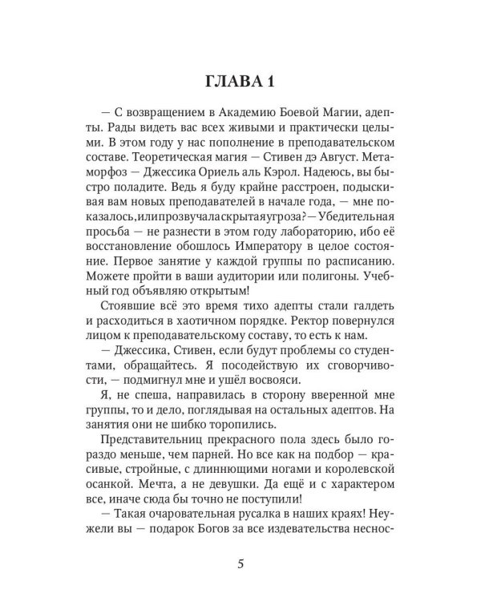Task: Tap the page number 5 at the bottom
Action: coord(240,563)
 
